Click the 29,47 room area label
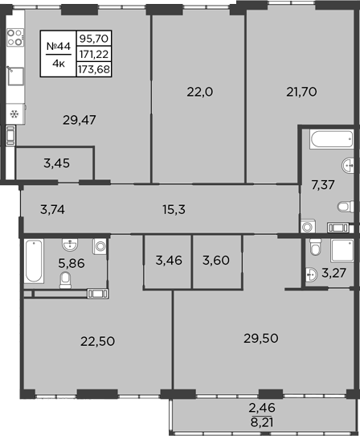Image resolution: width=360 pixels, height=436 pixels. point(80,121)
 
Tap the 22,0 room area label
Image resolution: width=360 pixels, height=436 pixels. point(199,92)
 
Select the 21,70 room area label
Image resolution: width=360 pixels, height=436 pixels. point(301,92)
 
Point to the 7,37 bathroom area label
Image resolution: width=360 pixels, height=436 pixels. point(322,186)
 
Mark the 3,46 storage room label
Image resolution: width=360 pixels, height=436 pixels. point(167,260)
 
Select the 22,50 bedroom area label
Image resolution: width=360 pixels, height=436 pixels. point(98,340)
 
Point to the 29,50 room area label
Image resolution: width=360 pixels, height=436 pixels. point(260,338)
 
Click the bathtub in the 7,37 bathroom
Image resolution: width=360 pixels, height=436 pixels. point(328,140)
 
